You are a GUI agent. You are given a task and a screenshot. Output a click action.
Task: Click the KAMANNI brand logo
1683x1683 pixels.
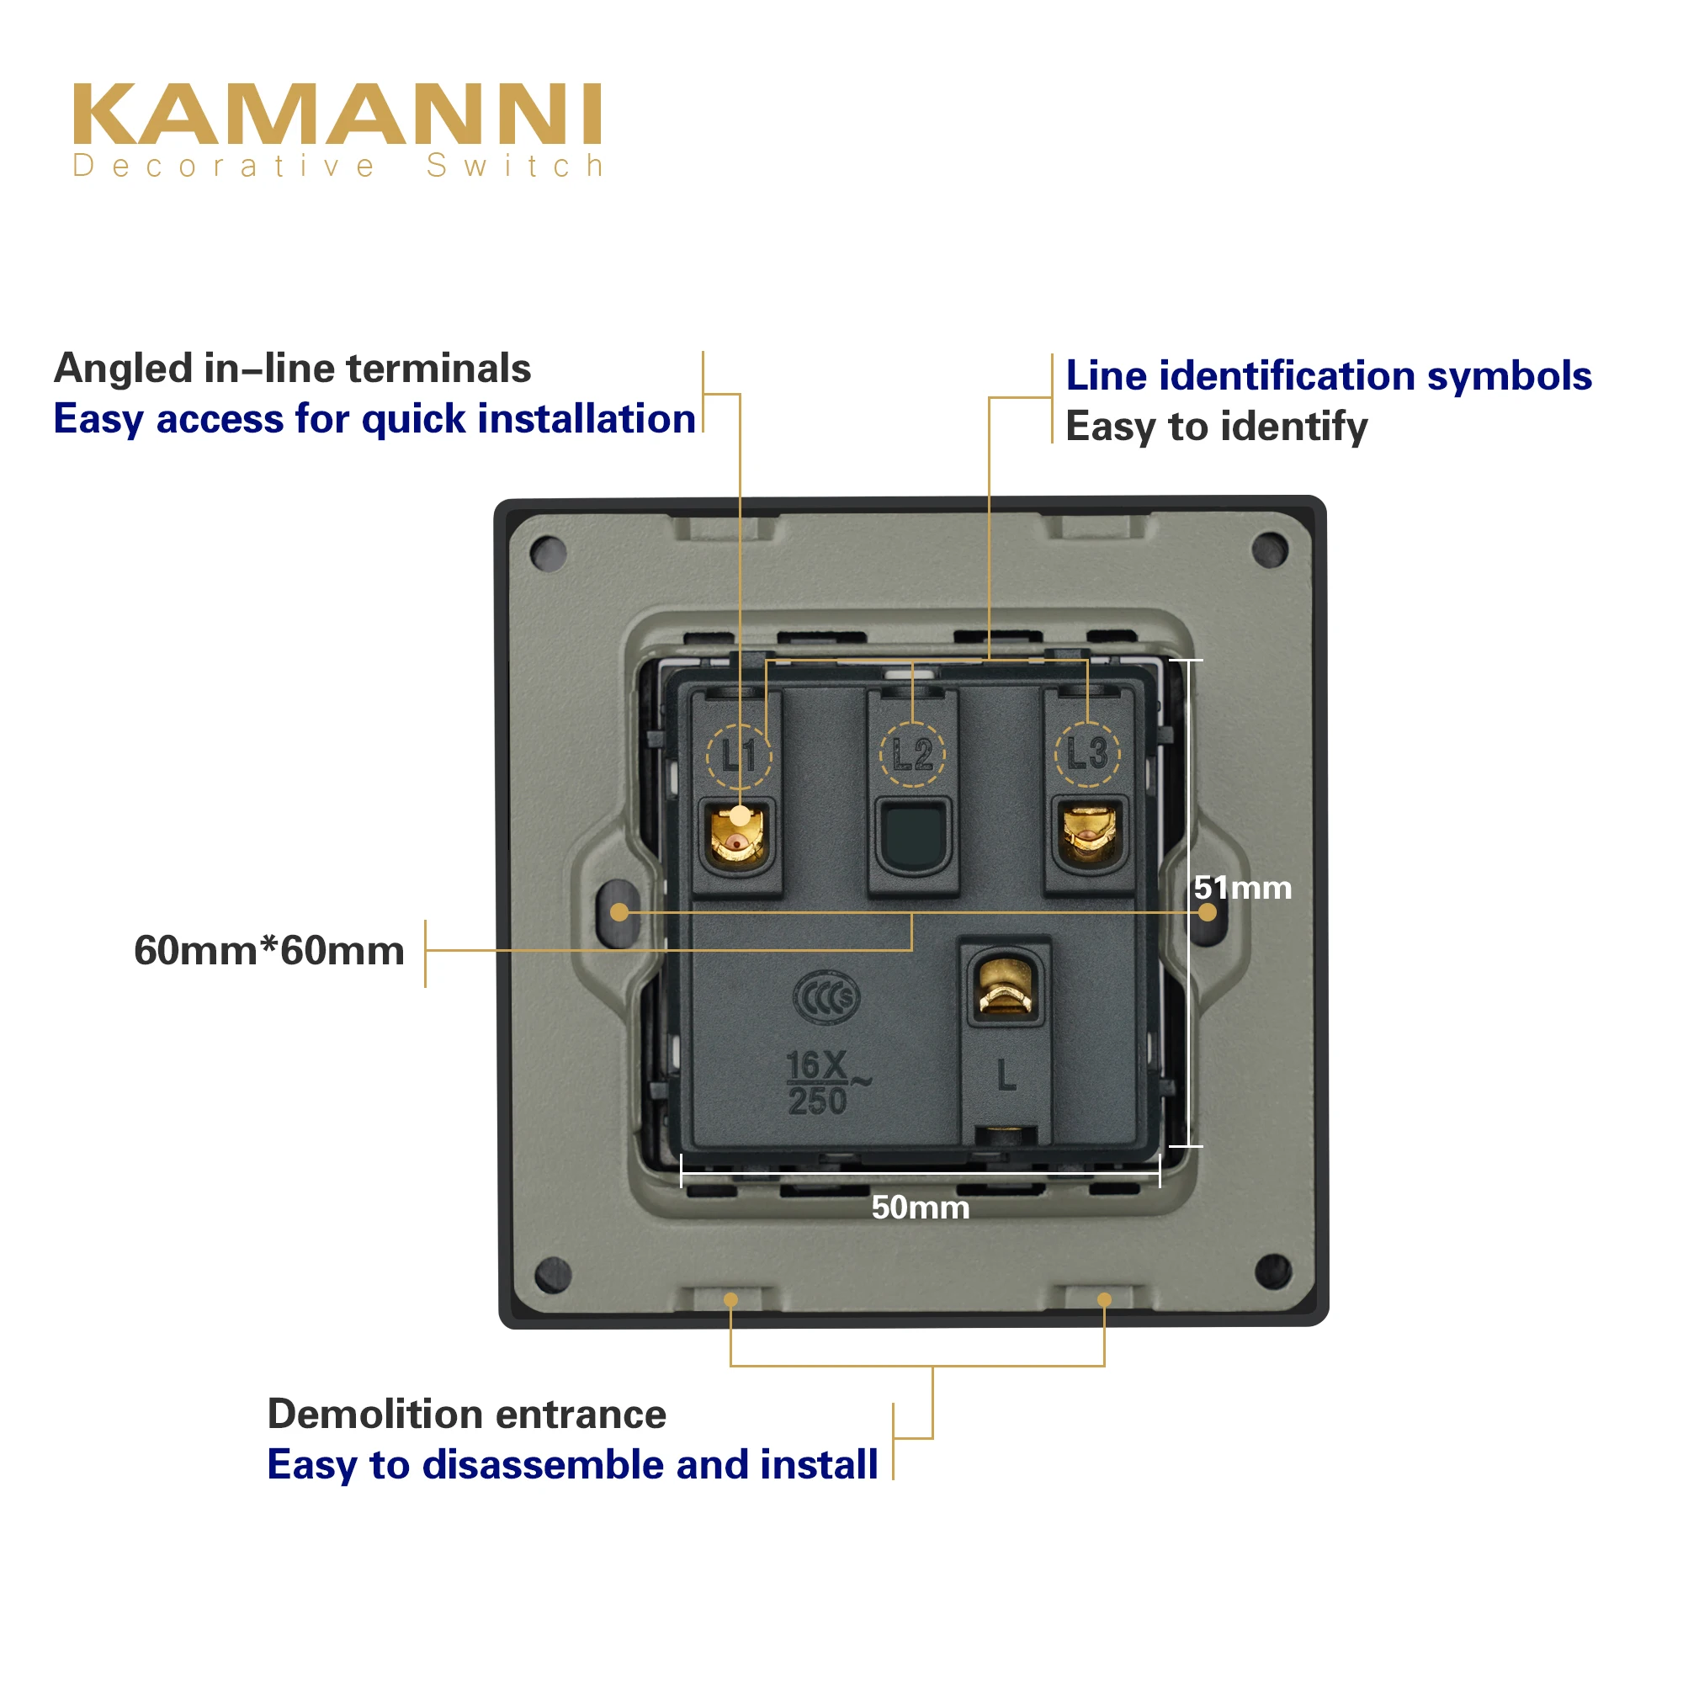(x=337, y=114)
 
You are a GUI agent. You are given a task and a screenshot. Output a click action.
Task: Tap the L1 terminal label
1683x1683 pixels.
(x=739, y=754)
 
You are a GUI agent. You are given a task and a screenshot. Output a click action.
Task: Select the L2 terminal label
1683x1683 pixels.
(x=912, y=753)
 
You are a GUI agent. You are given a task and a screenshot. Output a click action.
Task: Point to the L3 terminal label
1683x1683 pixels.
(x=1087, y=753)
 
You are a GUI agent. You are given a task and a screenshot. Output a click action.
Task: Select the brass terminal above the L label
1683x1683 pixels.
(x=1006, y=988)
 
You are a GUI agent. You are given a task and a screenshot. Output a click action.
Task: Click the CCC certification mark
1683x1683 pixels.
(x=826, y=998)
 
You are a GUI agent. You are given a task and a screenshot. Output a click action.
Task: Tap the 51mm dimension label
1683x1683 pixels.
(x=1242, y=889)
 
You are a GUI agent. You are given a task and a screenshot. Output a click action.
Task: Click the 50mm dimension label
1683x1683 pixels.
(x=920, y=1208)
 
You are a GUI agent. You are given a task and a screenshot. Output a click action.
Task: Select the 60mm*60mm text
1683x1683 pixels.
(x=269, y=950)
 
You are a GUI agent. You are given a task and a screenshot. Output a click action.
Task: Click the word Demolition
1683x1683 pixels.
(x=374, y=1414)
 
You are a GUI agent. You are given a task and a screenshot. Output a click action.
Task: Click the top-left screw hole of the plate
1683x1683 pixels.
(x=549, y=552)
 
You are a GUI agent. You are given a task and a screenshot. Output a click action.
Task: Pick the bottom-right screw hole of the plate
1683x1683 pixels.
(x=1272, y=1272)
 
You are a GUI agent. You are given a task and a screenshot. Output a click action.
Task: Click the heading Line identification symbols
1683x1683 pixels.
(x=1329, y=376)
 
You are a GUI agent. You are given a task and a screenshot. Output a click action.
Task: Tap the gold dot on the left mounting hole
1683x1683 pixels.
(x=619, y=912)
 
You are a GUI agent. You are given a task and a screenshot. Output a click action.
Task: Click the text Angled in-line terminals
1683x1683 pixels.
(x=293, y=369)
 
